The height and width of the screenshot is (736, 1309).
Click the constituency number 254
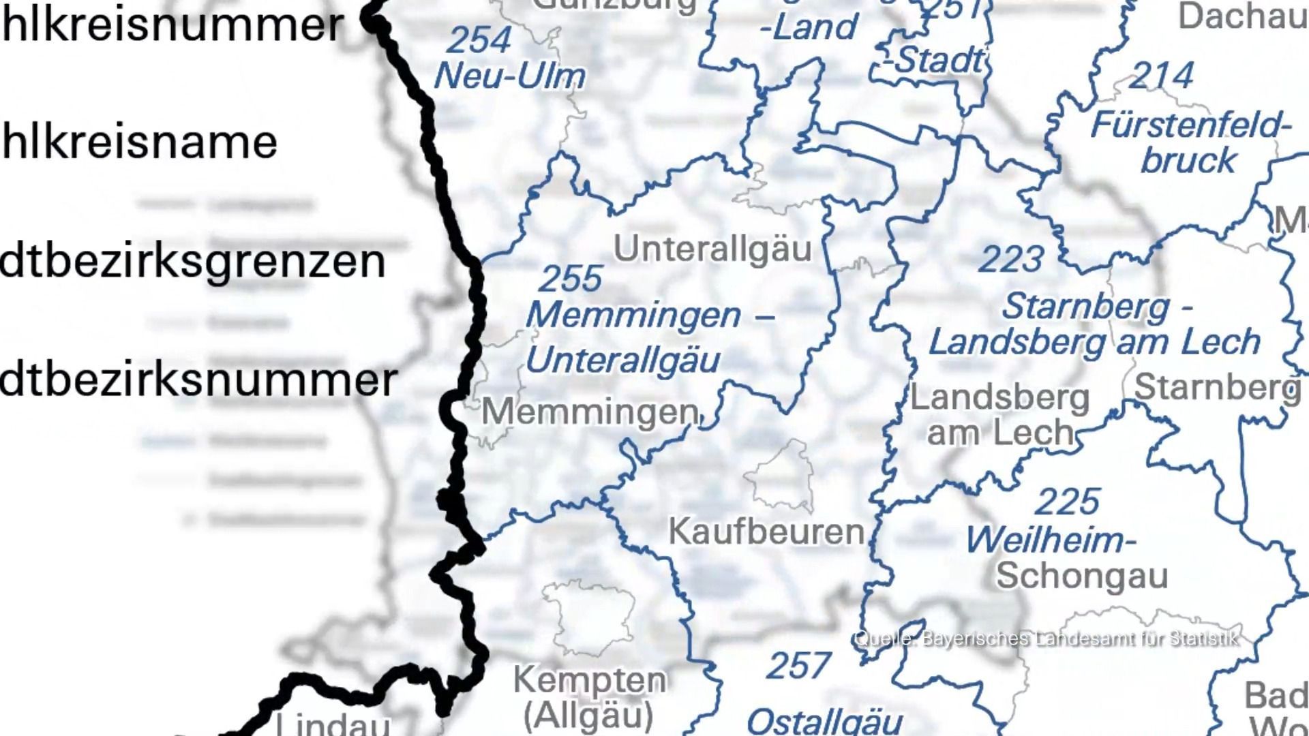point(479,40)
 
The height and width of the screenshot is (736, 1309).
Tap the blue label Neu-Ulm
point(509,76)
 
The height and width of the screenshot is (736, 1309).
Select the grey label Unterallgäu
point(712,249)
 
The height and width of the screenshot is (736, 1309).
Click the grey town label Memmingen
point(590,412)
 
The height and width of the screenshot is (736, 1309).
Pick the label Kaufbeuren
point(766,532)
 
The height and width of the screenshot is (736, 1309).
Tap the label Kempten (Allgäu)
point(589,696)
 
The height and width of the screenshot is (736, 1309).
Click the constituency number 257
point(798,666)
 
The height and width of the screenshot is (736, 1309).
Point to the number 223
point(1011,260)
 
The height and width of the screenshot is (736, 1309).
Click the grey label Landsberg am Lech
point(1000,415)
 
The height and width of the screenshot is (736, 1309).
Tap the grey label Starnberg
point(1217,388)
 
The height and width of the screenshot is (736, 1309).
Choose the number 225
point(1067,502)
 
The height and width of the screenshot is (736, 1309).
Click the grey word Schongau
point(1082,576)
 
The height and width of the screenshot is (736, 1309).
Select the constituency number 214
point(1161,76)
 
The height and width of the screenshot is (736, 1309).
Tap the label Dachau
point(1242,16)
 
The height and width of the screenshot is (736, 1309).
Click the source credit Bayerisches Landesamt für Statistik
point(1046,639)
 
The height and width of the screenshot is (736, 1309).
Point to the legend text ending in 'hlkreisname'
point(139,142)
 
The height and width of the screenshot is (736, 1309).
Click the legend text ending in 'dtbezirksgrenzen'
point(192,262)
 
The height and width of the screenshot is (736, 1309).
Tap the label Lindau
point(333,724)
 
